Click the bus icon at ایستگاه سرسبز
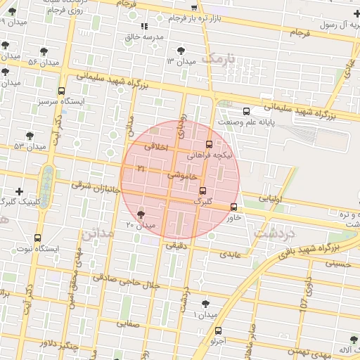(x=62, y=91)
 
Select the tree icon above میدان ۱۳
(x=181, y=50)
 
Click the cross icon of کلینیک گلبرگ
(x=19, y=191)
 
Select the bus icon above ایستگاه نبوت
(x=37, y=238)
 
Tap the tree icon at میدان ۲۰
(x=141, y=214)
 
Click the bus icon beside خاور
(x=233, y=207)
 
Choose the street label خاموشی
(x=181, y=174)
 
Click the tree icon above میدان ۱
(x=205, y=304)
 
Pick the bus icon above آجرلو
(x=217, y=330)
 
